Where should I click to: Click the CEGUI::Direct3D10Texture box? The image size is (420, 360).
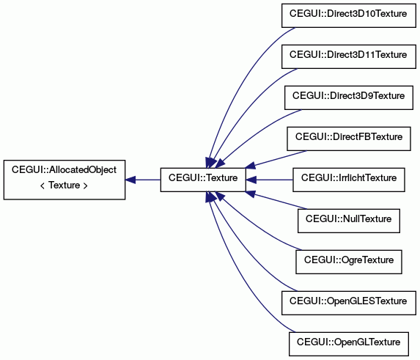348,15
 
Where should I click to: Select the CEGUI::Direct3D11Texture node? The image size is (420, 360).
348,56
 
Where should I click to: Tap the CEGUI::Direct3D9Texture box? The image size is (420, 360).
348,98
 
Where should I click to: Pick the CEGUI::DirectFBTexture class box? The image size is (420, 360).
348,139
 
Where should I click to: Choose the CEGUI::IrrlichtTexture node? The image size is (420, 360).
348,180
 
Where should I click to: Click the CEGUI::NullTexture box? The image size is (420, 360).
348,221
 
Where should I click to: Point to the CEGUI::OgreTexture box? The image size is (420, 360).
348,262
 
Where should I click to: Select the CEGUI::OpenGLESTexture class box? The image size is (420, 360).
348,303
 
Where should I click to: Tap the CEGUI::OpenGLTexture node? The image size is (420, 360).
348,344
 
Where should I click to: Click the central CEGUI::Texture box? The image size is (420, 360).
203,180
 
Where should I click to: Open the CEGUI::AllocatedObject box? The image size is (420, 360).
65,180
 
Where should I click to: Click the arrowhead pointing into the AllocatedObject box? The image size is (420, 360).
130,180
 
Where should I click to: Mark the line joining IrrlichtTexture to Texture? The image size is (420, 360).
269,180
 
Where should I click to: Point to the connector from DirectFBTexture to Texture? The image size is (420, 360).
276,159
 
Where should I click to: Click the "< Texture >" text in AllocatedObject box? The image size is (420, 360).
64,185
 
